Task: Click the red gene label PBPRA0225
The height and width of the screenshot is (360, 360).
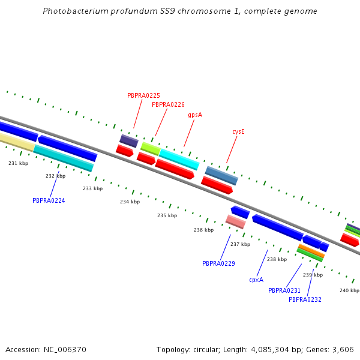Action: coord(143,95)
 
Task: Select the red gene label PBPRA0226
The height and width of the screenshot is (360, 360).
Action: coord(168,104)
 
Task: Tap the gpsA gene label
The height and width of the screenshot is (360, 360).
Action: coord(195,115)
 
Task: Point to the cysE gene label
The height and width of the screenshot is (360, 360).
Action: coord(238,131)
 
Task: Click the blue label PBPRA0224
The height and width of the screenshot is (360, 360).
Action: coord(49,200)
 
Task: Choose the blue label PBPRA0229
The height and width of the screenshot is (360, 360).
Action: coord(218,263)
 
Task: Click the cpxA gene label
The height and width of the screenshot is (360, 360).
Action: coord(256,280)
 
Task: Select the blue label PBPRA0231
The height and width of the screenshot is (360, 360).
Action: coord(284,290)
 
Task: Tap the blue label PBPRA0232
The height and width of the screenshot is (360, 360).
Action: coord(305,299)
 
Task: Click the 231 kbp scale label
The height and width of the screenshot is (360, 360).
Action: coord(18,163)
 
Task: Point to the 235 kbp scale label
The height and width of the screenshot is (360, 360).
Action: coord(167,215)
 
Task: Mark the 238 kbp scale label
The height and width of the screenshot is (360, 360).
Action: coord(277,259)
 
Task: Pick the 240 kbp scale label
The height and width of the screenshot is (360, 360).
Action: coord(349,290)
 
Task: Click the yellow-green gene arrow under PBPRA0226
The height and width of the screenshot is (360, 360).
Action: coord(150,148)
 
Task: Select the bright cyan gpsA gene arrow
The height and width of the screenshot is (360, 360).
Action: coord(179,160)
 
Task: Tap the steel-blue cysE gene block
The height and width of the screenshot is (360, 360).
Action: coord(221,176)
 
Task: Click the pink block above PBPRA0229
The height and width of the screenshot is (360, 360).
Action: coord(235,222)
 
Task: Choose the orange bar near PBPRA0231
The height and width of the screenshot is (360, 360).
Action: coord(311,251)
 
